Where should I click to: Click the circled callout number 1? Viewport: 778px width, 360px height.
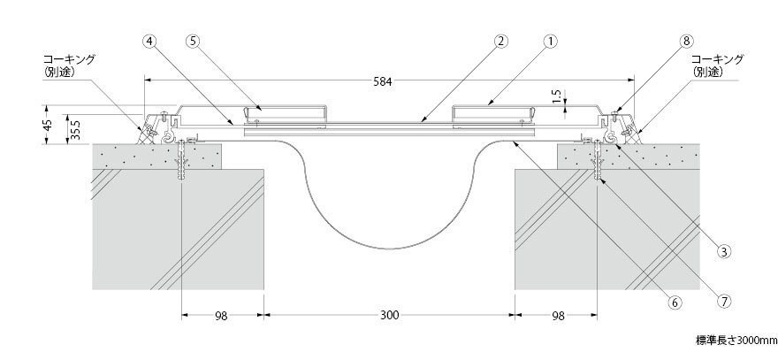click(x=550, y=42)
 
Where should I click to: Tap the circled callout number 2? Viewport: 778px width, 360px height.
click(x=501, y=42)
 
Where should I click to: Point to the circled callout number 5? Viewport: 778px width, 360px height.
click(x=194, y=42)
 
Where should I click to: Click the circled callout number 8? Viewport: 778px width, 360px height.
click(x=686, y=42)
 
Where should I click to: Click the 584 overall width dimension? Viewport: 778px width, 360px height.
click(x=383, y=82)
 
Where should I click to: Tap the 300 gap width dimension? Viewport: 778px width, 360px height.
click(x=390, y=316)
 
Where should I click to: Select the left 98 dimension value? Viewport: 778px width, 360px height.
click(x=221, y=316)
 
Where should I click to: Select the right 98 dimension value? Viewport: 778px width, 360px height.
click(x=558, y=316)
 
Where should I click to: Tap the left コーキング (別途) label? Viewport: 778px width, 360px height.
click(x=68, y=65)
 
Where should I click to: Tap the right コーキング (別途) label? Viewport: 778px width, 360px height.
click(x=718, y=65)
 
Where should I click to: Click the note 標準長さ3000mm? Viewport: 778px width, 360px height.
click(x=736, y=341)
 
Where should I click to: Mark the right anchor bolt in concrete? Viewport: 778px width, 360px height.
click(x=597, y=160)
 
